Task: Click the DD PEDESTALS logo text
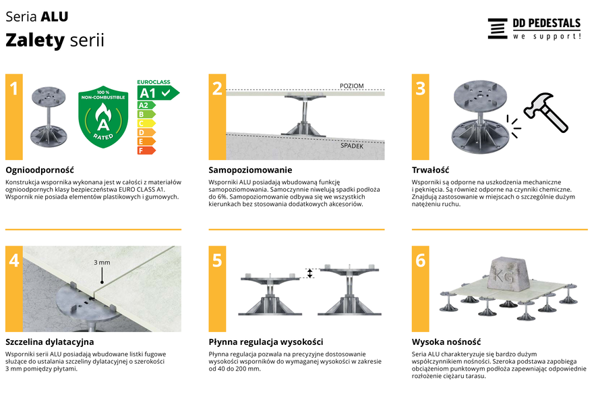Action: pyautogui.click(x=546, y=23)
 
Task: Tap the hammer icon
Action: pyautogui.click(x=546, y=112)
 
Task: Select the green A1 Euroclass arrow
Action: pyautogui.click(x=158, y=92)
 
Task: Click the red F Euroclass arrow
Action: pyautogui.click(x=146, y=151)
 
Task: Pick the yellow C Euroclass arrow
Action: pyautogui.click(x=146, y=124)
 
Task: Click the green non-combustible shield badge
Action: pyautogui.click(x=103, y=117)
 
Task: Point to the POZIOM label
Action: pyautogui.click(x=351, y=86)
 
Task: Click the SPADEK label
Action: pyautogui.click(x=351, y=146)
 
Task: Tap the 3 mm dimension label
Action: pyautogui.click(x=102, y=263)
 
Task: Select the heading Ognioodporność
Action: pyautogui.click(x=40, y=170)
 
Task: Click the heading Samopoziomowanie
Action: pyautogui.click(x=250, y=170)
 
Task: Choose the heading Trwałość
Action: pyautogui.click(x=430, y=170)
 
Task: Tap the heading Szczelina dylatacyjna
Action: pyautogui.click(x=49, y=342)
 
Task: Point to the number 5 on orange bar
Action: pyautogui.click(x=217, y=261)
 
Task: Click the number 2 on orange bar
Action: pyautogui.click(x=217, y=88)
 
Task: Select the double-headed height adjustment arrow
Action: pyautogui.click(x=309, y=273)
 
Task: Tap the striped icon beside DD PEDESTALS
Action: pyautogui.click(x=498, y=28)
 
